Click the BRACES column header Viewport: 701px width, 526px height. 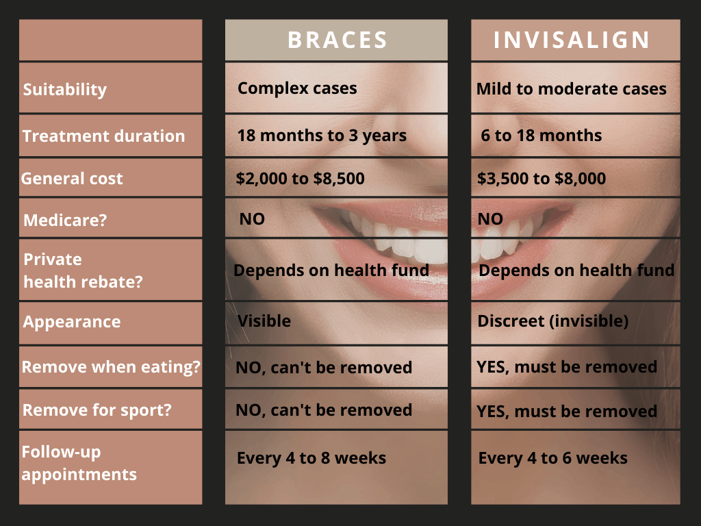click(337, 40)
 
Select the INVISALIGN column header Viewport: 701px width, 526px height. click(572, 40)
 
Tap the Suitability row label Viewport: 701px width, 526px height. click(65, 90)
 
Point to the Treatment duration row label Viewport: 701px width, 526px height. click(104, 136)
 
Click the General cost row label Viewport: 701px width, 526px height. click(71, 179)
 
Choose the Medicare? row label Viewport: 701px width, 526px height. click(65, 220)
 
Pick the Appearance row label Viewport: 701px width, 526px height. click(71, 322)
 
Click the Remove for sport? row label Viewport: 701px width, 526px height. click(97, 410)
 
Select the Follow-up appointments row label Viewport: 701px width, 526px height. click(79, 464)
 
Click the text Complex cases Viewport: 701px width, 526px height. click(297, 88)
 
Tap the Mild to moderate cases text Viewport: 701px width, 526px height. click(572, 88)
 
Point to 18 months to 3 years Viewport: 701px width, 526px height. click(322, 136)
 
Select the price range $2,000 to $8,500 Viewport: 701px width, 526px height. click(300, 179)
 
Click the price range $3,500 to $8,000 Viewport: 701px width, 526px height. click(541, 179)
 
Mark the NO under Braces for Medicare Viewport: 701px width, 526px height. click(252, 218)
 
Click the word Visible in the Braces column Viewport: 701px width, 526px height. click(264, 321)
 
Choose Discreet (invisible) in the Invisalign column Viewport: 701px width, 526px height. click(553, 321)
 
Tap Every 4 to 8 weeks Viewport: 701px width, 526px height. click(311, 458)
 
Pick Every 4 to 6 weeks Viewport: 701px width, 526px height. click(553, 458)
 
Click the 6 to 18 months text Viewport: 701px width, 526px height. click(541, 136)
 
